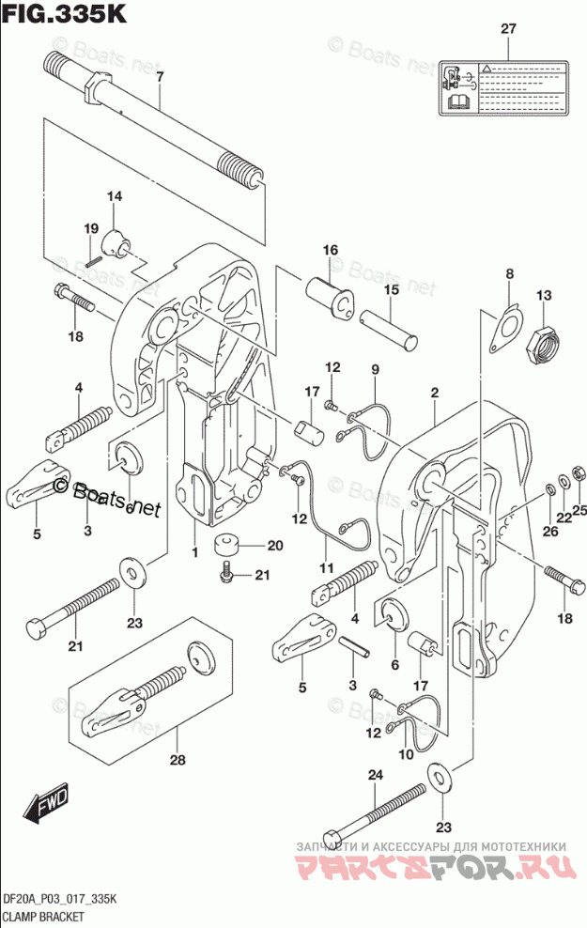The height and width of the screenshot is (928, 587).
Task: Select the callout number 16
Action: point(330,250)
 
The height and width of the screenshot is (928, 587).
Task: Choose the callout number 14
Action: point(114,196)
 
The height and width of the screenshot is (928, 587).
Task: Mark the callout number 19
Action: point(91,228)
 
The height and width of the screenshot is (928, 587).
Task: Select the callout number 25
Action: point(579,510)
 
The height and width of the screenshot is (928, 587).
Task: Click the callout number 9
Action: point(373,369)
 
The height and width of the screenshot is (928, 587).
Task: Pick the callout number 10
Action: point(406,754)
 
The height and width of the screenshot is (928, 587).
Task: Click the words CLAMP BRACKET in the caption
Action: point(44,915)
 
